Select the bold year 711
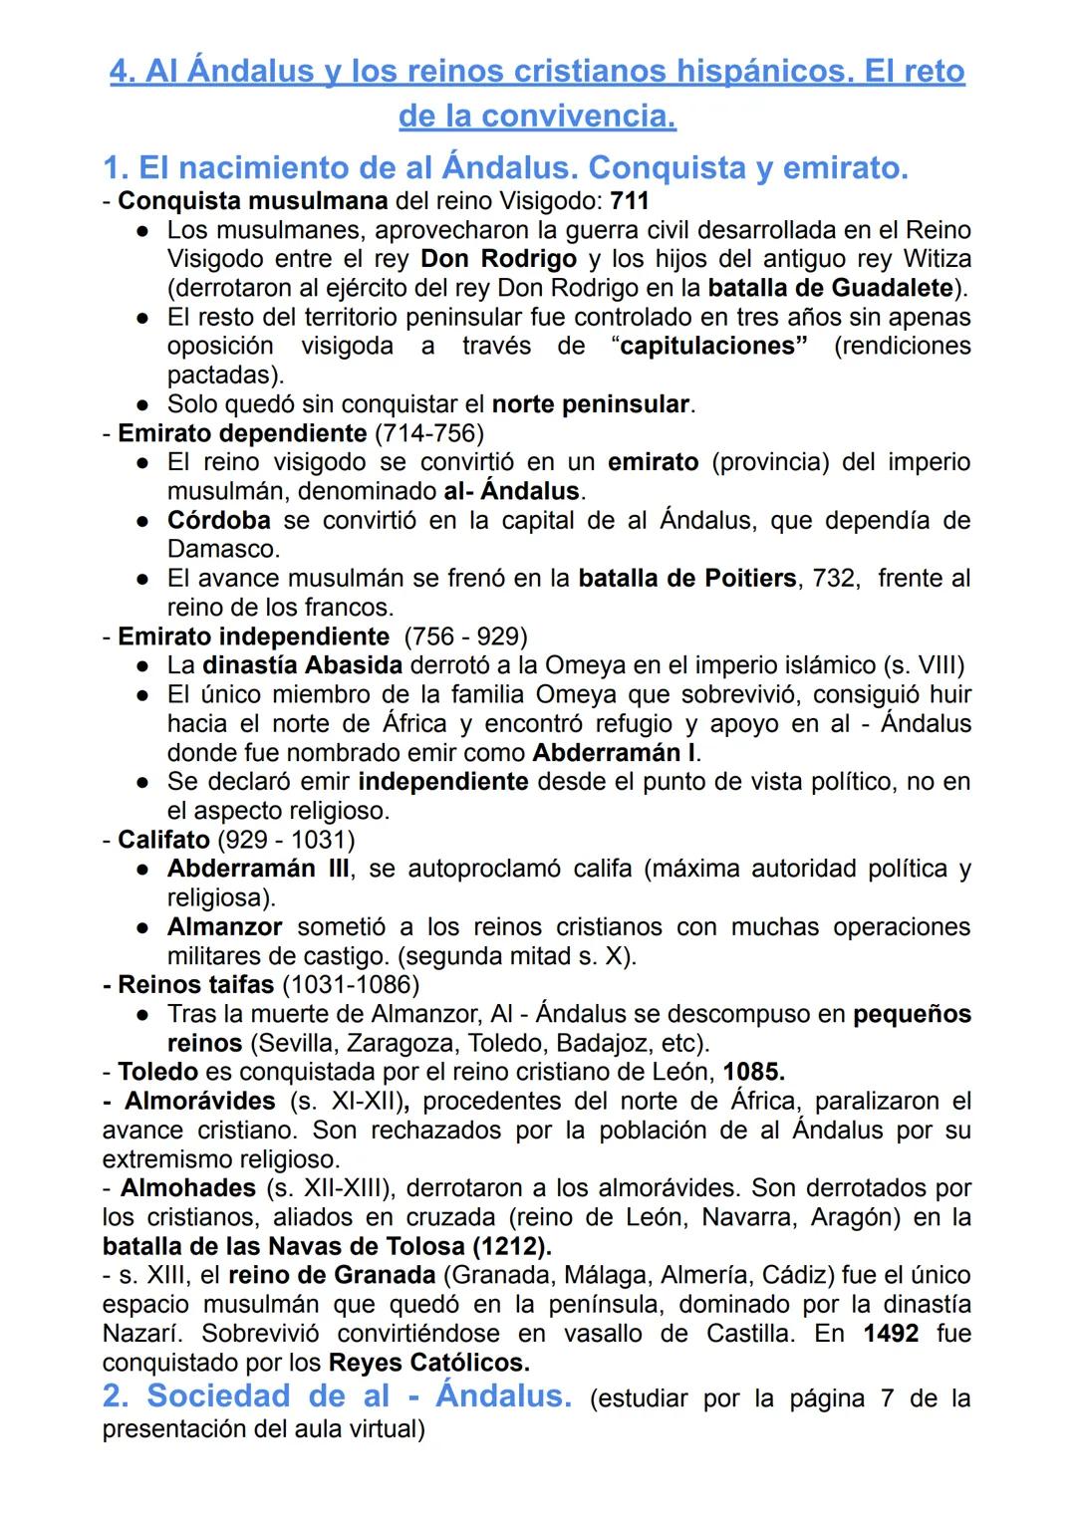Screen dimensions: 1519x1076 pos(630,201)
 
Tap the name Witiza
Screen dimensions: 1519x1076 pos(937,259)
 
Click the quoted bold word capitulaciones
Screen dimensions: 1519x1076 pos(712,347)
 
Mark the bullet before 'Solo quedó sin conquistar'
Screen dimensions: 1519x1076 pos(144,405)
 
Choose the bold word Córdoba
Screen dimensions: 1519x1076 pos(218,521)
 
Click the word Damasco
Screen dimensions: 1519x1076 pos(222,550)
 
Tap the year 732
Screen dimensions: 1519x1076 pos(834,579)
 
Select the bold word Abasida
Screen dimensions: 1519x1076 pos(354,665)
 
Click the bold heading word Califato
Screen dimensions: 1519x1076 pos(163,840)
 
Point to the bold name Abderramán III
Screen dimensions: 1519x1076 pos(258,869)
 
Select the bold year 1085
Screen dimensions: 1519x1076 pos(753,1073)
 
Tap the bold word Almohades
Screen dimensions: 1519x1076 pos(188,1188)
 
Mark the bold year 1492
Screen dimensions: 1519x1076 pos(891,1334)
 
